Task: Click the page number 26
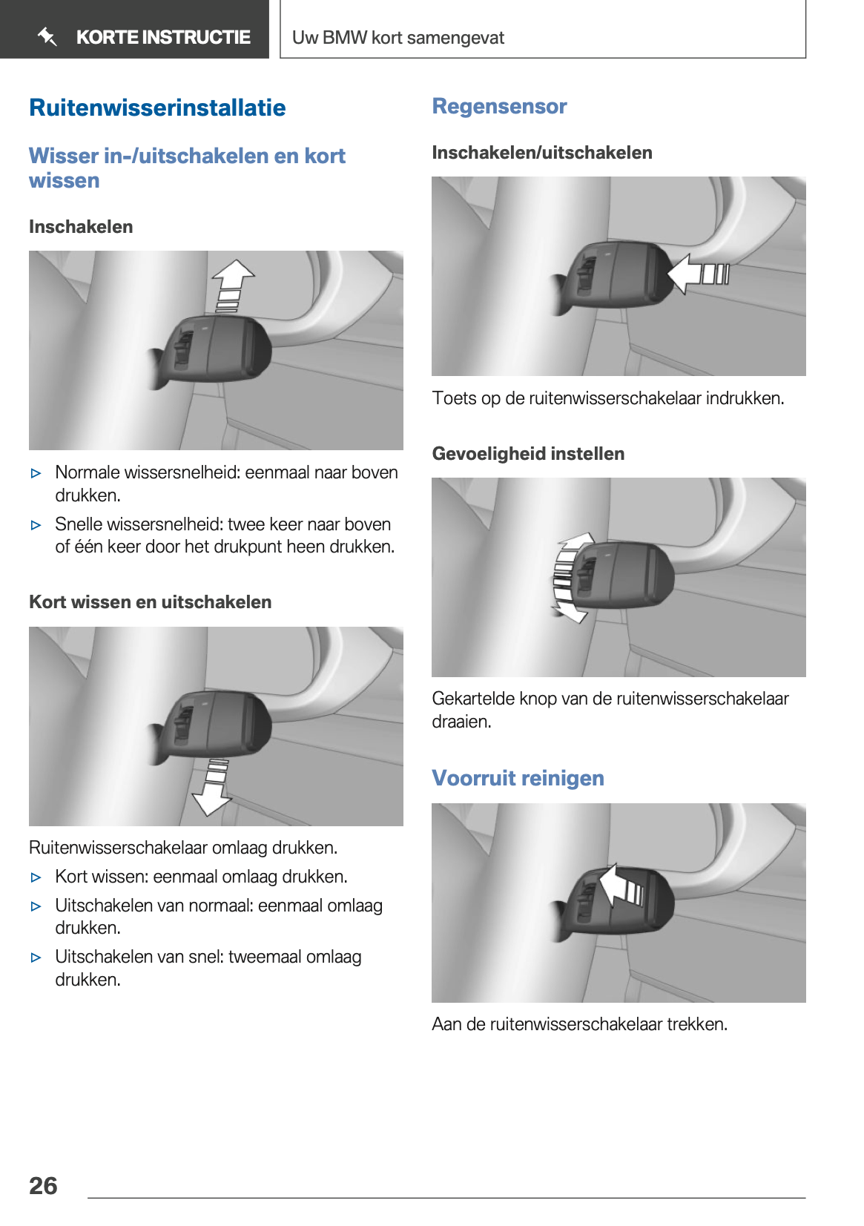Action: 43,1185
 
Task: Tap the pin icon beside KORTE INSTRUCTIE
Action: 47,36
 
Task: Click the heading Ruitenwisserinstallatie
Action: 157,108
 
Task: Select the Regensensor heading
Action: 499,107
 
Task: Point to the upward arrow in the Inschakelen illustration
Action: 232,281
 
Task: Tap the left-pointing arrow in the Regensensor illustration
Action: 693,273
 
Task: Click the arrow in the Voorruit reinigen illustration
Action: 620,885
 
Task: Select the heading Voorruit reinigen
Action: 518,778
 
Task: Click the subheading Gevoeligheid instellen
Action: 528,454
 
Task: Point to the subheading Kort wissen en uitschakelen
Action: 150,602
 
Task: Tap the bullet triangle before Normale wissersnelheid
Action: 36,473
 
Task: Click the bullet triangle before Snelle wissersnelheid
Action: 36,525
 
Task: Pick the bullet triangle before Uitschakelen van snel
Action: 36,958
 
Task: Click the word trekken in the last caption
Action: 696,1024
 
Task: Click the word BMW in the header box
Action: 345,38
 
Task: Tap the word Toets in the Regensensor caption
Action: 454,398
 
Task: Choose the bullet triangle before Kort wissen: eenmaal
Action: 36,877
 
